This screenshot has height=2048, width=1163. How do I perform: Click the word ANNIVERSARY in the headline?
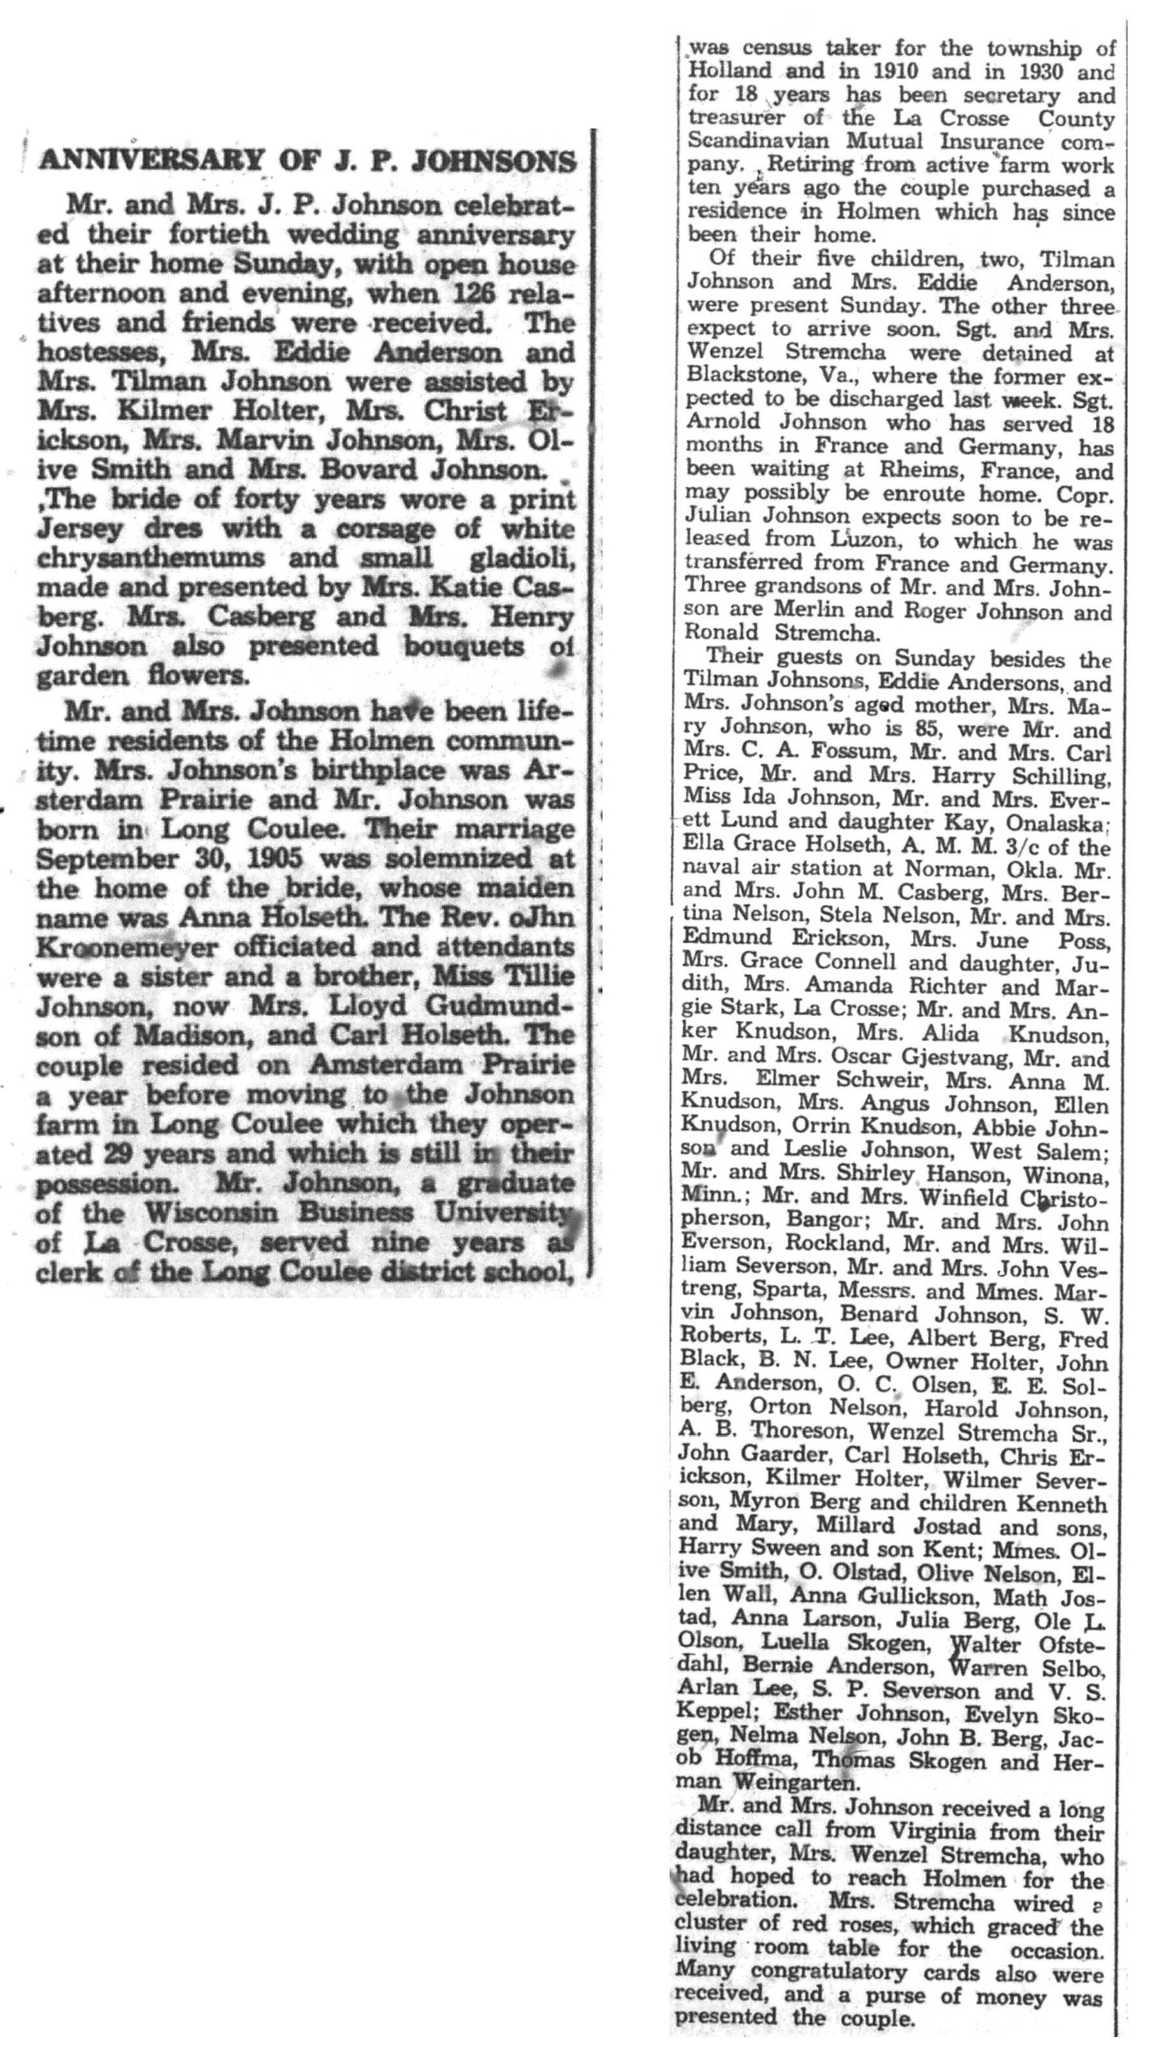150,161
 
